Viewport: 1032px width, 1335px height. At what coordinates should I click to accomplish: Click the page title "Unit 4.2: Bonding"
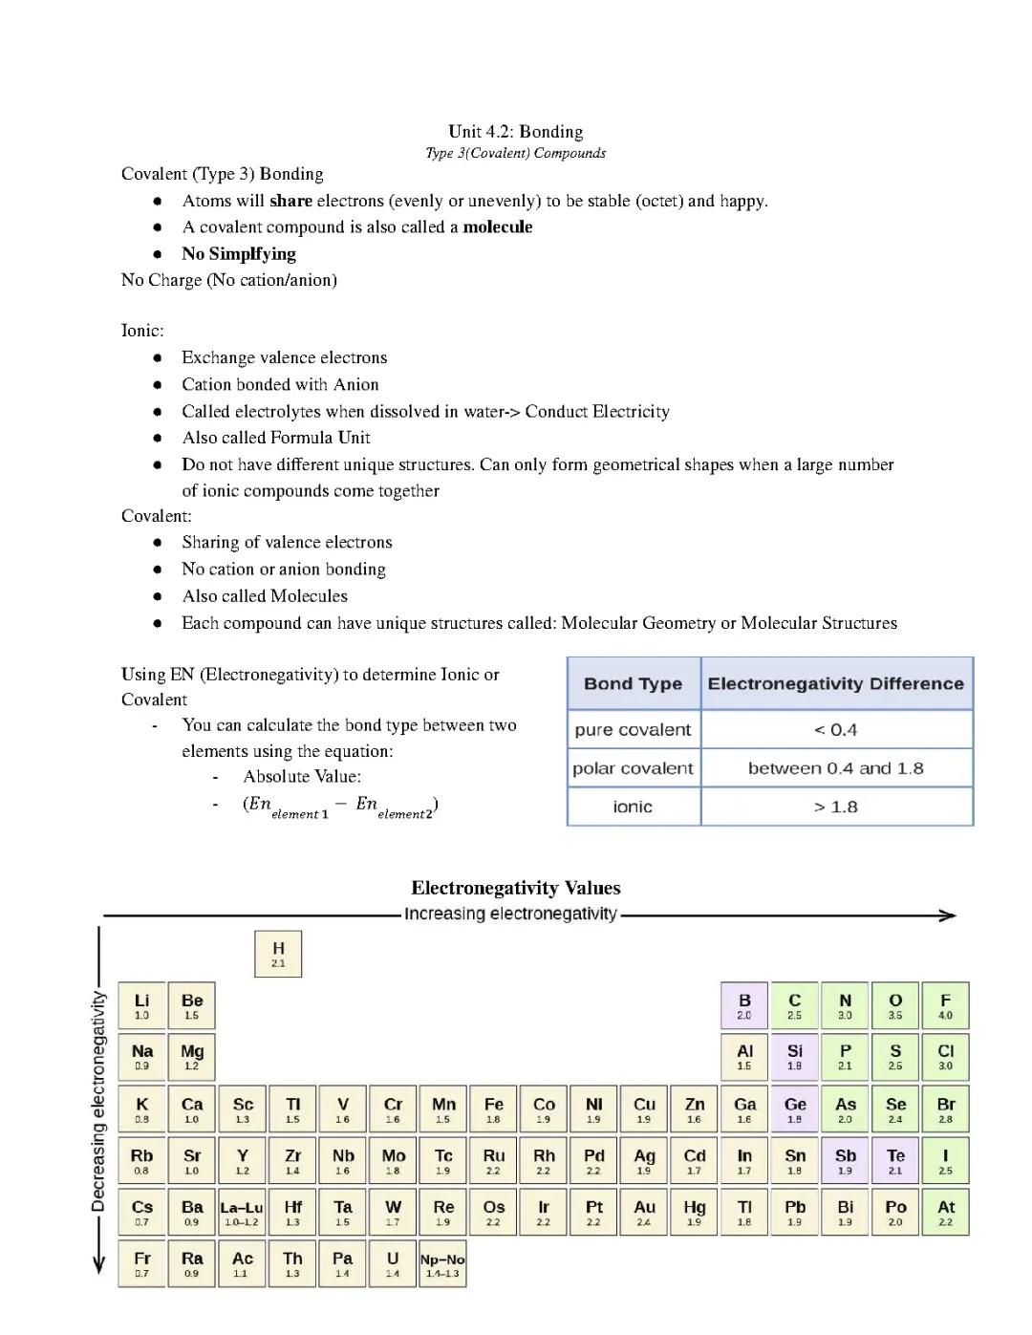(515, 131)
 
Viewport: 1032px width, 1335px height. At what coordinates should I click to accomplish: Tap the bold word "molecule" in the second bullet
(497, 226)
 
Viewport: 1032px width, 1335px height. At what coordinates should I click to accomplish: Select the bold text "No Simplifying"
(239, 253)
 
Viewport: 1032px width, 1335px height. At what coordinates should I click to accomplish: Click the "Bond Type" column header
(633, 683)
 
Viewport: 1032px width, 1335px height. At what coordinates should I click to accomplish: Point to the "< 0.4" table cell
(835, 730)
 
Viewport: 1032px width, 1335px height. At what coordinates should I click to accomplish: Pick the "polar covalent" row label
(633, 768)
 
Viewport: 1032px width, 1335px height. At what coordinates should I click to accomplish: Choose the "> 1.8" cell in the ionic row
(835, 807)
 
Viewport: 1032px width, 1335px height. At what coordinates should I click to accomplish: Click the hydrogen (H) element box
(278, 954)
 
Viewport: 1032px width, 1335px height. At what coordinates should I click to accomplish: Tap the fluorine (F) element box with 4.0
(945, 1006)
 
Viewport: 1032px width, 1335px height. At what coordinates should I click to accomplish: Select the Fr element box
(141, 1263)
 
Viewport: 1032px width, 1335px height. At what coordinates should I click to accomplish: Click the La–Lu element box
(242, 1212)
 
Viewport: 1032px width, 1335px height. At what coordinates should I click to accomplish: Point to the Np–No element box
(442, 1263)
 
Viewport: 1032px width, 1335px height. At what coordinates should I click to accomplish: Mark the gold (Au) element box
(644, 1212)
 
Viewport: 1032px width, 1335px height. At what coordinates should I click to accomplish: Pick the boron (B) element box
(744, 1006)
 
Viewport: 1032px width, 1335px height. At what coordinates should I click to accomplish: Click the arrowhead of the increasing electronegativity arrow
(948, 915)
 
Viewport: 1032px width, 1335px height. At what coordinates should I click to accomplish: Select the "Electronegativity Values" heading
(515, 888)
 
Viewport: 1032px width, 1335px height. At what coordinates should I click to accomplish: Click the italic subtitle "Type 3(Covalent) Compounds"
(515, 153)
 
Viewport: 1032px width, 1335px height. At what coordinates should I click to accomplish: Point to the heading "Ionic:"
(142, 331)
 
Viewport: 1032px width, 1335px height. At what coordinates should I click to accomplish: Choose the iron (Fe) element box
(493, 1109)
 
